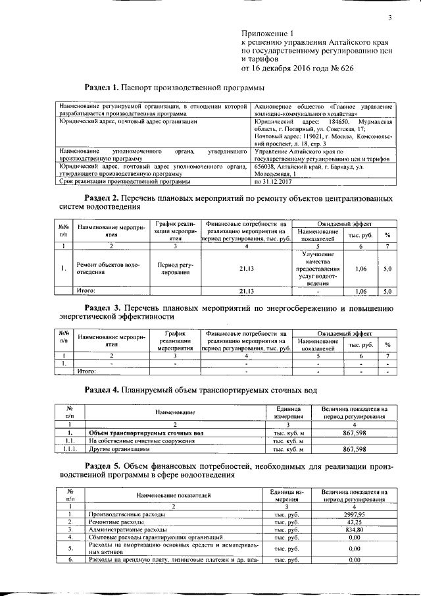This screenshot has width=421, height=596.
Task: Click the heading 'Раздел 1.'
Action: [103, 87]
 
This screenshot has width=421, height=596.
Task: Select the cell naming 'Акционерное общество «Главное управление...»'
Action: [323, 110]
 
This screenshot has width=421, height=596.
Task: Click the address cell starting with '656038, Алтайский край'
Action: [323, 170]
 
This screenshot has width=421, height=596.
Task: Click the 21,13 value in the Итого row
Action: [246, 290]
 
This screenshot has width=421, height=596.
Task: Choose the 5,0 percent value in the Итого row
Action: [387, 290]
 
